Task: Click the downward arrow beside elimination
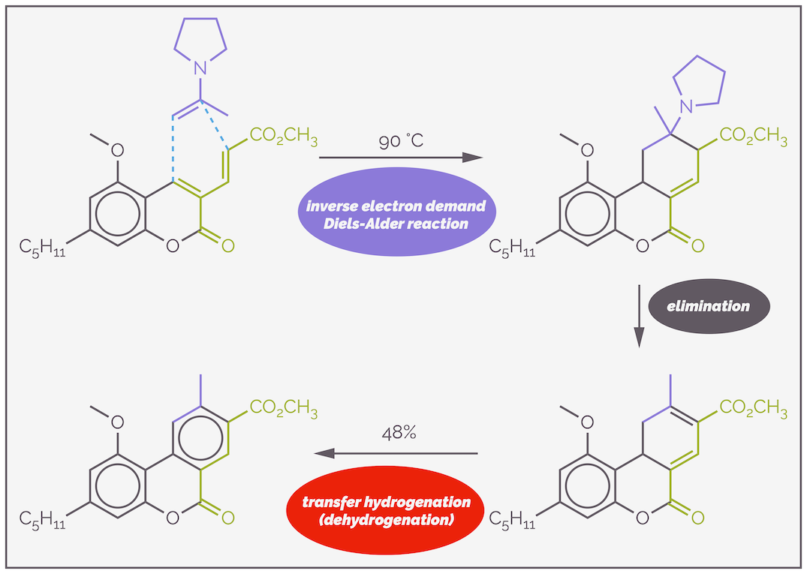point(639,315)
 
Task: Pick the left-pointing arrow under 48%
point(396,453)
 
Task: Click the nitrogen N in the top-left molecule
point(200,68)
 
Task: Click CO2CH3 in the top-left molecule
point(283,138)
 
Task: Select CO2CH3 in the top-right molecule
point(753,138)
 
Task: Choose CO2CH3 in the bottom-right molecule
point(753,410)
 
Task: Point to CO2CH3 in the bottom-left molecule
point(283,410)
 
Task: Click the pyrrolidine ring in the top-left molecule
point(200,41)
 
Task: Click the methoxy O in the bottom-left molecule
point(118,422)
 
